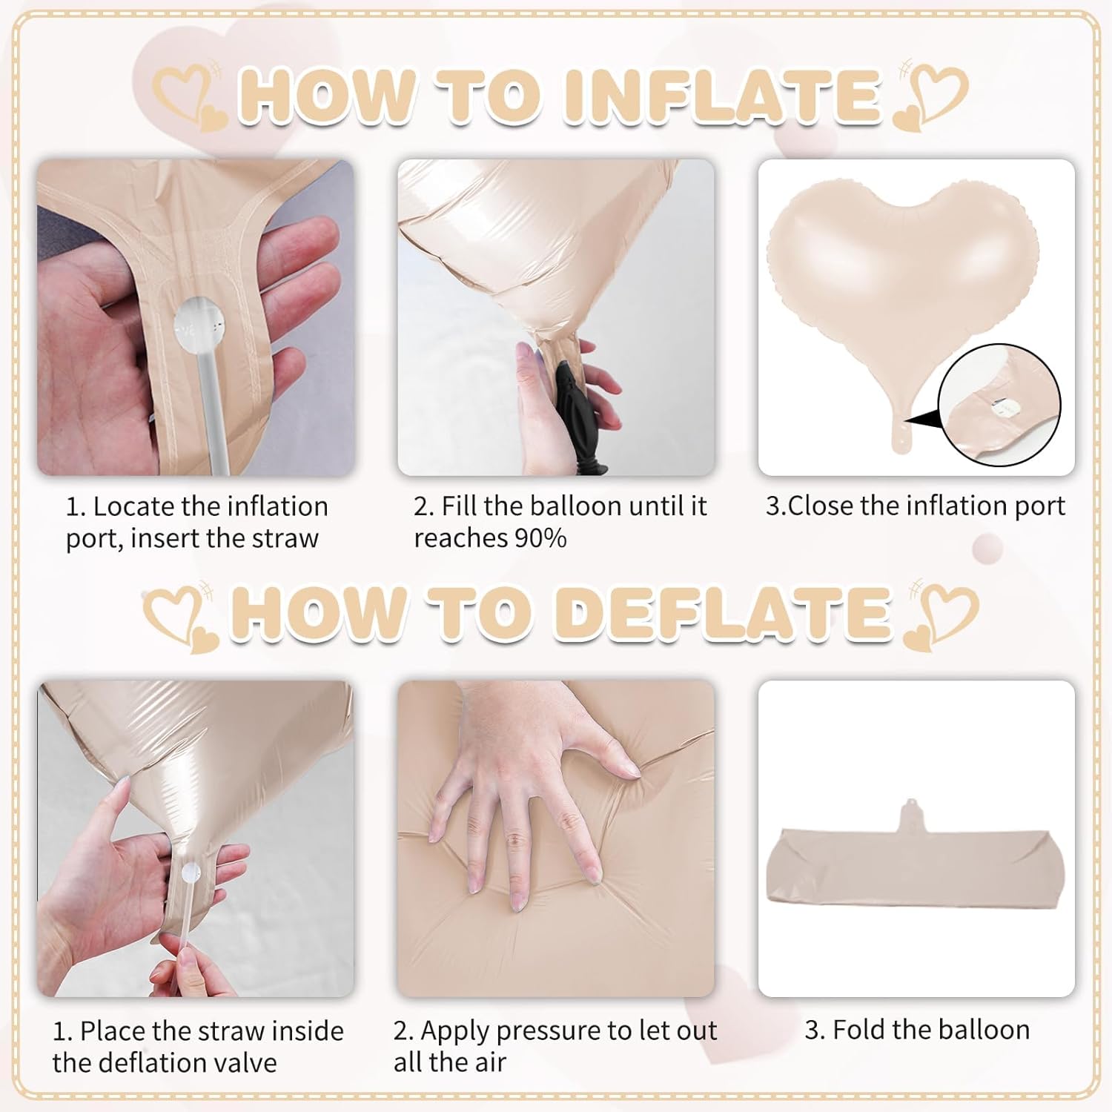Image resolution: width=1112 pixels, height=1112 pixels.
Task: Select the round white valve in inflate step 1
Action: pyautogui.click(x=195, y=325)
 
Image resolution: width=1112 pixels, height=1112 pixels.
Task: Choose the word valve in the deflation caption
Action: pyautogui.click(x=242, y=1063)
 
